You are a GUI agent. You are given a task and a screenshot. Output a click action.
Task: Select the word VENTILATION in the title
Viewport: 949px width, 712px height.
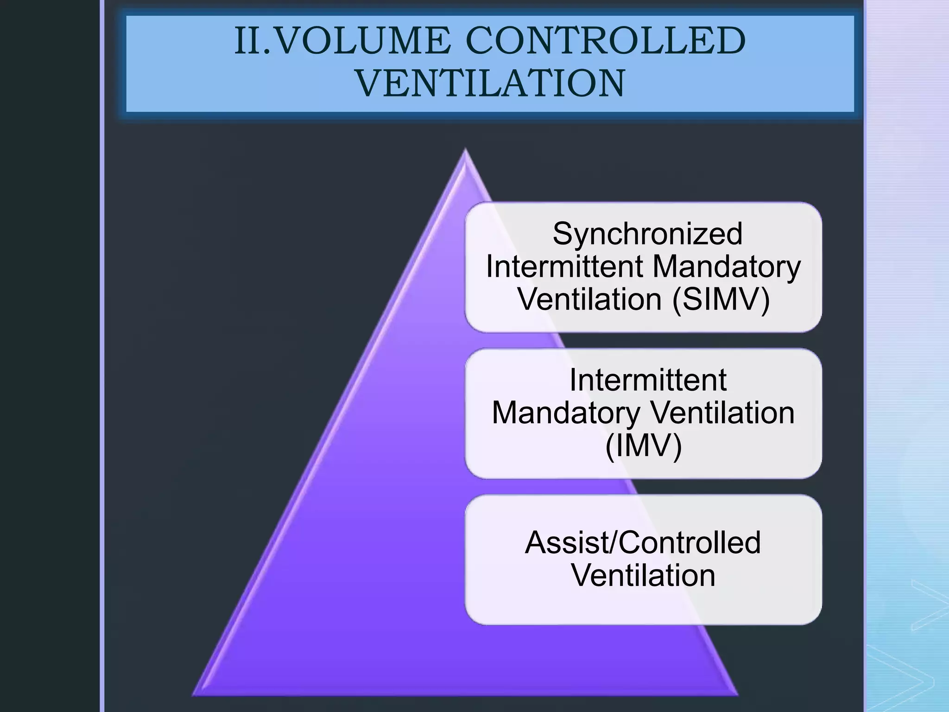coord(490,83)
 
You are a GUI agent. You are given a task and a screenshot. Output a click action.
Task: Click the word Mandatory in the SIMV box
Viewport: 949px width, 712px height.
coord(726,267)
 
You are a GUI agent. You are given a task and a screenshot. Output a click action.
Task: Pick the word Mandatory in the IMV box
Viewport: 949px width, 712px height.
coord(566,413)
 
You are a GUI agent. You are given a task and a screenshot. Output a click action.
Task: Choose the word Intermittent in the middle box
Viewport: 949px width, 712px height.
coord(647,380)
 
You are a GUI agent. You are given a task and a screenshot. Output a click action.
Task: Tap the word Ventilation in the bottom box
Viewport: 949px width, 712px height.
coord(643,575)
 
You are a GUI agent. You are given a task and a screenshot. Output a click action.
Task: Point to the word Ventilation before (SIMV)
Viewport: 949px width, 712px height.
coord(589,299)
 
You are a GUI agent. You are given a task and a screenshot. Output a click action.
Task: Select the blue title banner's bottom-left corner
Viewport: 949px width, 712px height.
coord(127,112)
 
